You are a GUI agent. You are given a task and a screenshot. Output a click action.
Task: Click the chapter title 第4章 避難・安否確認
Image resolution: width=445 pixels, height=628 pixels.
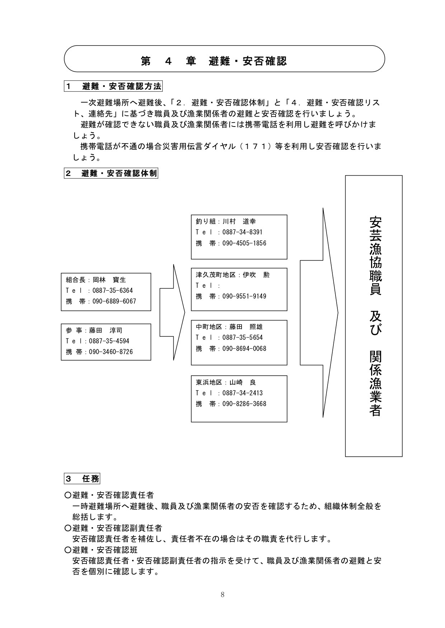[214, 61]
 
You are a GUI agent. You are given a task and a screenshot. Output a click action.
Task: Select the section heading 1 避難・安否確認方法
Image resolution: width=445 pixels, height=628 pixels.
[113, 86]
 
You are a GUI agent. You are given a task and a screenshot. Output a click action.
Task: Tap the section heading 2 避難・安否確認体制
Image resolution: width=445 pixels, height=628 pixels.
[111, 173]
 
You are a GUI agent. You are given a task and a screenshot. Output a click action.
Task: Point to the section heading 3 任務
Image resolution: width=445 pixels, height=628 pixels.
[82, 479]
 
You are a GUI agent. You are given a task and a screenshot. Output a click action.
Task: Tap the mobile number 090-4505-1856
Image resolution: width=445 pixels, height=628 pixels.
[244, 243]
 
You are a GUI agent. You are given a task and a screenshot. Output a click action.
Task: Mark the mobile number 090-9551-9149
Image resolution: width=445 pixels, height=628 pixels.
[244, 296]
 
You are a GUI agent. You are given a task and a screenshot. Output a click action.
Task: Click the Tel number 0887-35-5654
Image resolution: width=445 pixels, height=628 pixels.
[243, 338]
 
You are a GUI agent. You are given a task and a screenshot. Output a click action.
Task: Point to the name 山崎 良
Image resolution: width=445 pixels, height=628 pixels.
[243, 382]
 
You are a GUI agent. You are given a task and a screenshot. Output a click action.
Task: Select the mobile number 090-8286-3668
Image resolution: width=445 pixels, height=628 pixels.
[244, 404]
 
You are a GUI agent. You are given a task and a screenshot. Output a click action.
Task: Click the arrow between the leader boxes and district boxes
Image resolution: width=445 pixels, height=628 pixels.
[172, 312]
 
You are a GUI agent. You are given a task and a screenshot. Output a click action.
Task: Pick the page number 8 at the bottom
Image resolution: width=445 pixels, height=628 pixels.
[222, 595]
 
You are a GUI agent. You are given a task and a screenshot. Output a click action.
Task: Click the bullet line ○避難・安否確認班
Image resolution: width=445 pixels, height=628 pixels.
[101, 549]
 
